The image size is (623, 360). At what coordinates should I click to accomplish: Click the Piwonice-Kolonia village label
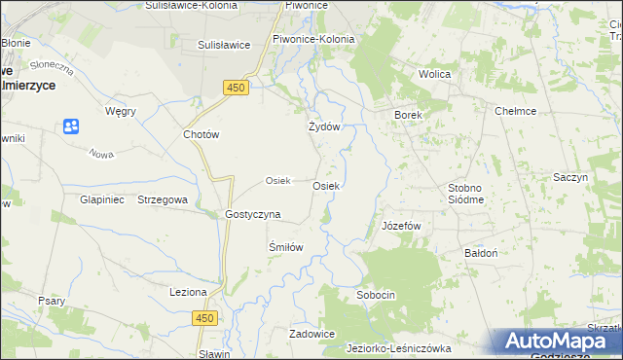click(x=313, y=39)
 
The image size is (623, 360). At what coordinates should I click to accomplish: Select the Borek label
click(x=407, y=115)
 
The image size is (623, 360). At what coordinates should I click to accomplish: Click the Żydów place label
click(x=324, y=127)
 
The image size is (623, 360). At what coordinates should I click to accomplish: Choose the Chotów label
click(x=202, y=135)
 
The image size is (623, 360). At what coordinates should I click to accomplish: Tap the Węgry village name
click(x=120, y=111)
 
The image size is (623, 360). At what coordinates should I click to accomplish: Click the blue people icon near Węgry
click(x=70, y=126)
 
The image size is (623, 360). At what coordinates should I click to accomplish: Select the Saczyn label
click(x=570, y=178)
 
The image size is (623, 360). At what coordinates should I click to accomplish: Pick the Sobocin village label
click(x=376, y=294)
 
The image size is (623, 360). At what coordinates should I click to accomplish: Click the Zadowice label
click(x=311, y=334)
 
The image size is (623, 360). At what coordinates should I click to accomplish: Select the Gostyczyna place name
click(x=253, y=214)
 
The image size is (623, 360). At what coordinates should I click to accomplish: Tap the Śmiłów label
click(x=286, y=247)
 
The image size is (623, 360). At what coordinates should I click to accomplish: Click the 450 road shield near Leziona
click(x=203, y=318)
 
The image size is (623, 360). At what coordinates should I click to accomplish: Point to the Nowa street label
click(x=101, y=154)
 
